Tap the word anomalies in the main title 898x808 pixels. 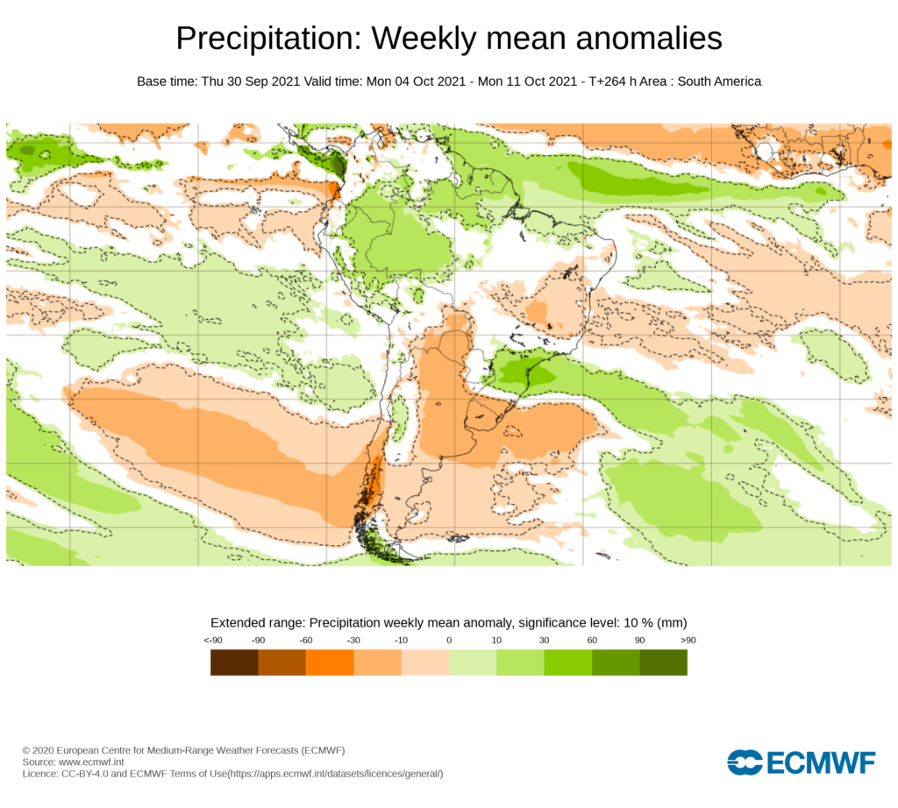(x=635, y=39)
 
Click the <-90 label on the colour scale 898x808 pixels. (x=211, y=641)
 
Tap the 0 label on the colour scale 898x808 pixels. (x=449, y=641)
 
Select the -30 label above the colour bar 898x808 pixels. (x=353, y=641)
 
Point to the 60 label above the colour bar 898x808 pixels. (x=592, y=641)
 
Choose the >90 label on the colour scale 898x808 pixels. (x=687, y=641)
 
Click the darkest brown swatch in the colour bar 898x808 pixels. (x=234, y=663)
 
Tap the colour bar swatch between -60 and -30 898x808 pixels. (x=330, y=663)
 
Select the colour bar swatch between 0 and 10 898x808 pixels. (x=473, y=663)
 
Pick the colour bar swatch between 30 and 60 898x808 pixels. (x=568, y=663)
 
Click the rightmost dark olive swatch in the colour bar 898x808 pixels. (x=663, y=663)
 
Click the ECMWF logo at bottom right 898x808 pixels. (x=801, y=762)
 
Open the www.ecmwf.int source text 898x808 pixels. (x=94, y=762)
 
